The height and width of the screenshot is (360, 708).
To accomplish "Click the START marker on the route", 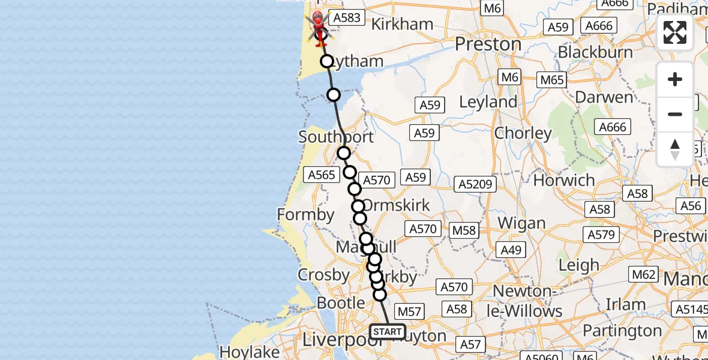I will tap(388, 332).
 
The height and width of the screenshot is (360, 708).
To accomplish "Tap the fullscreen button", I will tap(675, 32).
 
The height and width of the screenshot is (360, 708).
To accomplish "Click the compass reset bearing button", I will tap(675, 149).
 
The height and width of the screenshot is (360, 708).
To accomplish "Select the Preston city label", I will tap(488, 44).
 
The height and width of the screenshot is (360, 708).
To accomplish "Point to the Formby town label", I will tap(306, 214).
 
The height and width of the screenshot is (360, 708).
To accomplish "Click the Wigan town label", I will tap(522, 223).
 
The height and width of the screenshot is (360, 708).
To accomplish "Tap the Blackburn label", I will tap(595, 52).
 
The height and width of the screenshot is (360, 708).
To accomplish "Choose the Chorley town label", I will tap(523, 133).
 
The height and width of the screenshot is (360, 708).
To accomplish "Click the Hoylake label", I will tap(242, 351).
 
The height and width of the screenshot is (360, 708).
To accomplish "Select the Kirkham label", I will tap(402, 24).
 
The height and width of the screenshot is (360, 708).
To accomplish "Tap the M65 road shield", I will tap(552, 80).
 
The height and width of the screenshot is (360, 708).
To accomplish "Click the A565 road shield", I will tap(320, 175).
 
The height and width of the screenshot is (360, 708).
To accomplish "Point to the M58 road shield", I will tap(463, 230).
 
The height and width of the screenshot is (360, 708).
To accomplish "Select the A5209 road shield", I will tap(475, 184).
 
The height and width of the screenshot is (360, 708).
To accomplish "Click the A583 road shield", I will tap(347, 18).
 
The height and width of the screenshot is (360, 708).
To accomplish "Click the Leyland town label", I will tap(488, 102).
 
